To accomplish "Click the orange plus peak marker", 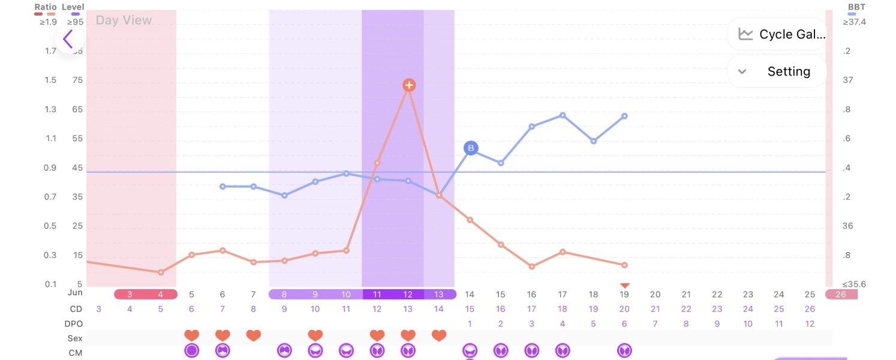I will click(x=408, y=85).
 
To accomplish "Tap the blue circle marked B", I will click(x=471, y=148).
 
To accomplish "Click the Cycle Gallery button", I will click(x=777, y=34).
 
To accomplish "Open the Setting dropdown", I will click(x=777, y=71).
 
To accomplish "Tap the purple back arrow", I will click(x=68, y=40).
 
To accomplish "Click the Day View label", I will click(x=124, y=20).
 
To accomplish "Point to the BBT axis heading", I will click(x=856, y=7).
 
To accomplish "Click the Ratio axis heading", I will click(x=46, y=7).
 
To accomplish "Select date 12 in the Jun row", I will click(x=408, y=295).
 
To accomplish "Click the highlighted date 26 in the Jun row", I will click(x=841, y=295).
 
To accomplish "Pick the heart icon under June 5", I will click(x=191, y=335).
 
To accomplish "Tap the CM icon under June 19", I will click(x=624, y=350).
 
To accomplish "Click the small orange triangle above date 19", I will click(x=624, y=286).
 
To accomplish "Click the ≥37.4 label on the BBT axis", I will click(x=854, y=22).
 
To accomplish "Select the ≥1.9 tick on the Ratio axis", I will click(x=47, y=22).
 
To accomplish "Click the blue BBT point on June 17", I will click(x=563, y=115).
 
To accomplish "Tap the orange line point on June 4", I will click(x=161, y=272).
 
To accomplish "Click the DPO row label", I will click(x=75, y=324).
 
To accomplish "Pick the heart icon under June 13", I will click(x=439, y=335).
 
